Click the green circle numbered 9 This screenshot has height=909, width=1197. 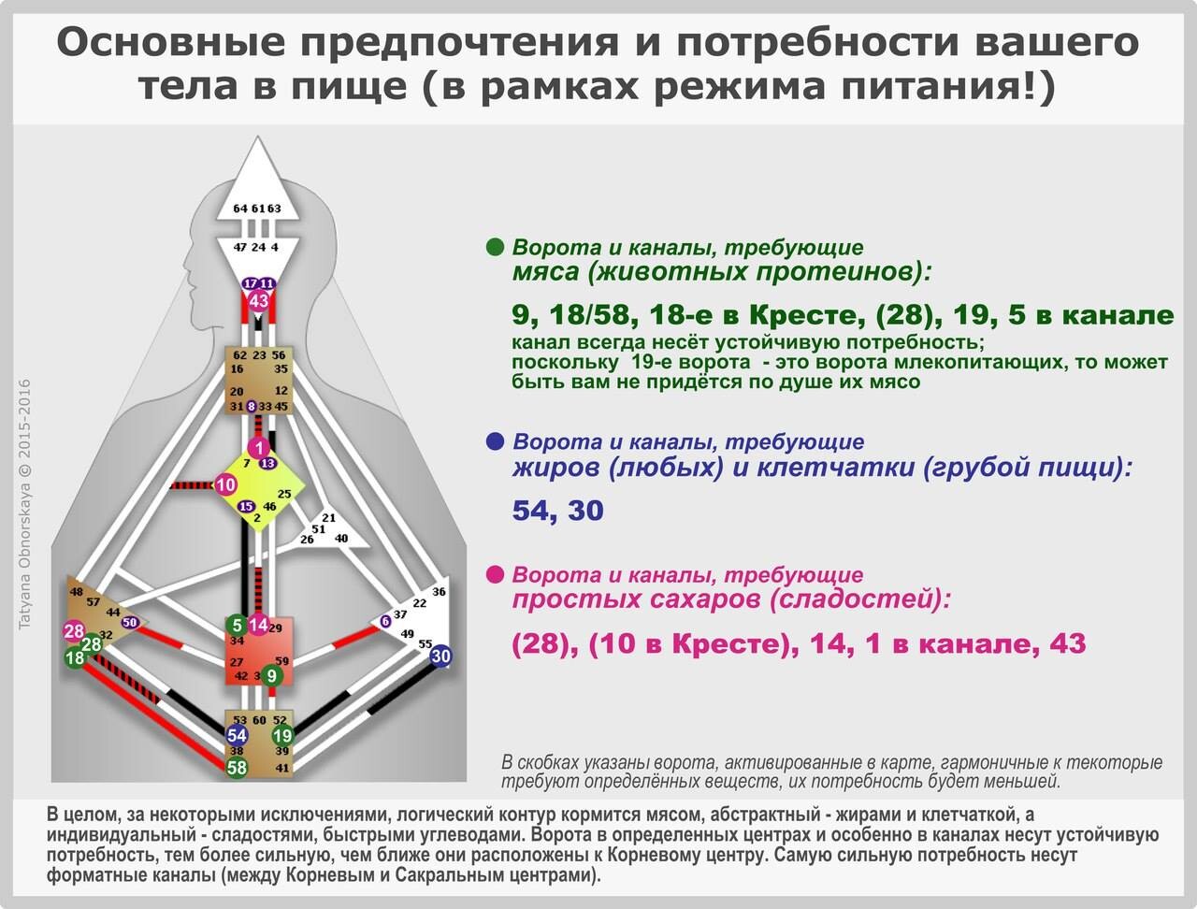(271, 676)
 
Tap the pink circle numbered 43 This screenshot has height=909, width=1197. (259, 300)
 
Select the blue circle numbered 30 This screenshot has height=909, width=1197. (440, 656)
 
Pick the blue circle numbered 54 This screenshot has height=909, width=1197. (237, 736)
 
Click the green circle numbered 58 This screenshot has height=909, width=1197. (237, 768)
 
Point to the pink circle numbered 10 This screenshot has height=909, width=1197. (225, 484)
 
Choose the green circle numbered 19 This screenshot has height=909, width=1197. (282, 736)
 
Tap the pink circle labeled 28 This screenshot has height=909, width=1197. (74, 631)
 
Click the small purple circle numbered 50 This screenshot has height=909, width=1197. (130, 622)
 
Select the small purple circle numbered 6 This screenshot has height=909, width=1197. (385, 621)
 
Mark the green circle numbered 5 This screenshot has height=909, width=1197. (237, 625)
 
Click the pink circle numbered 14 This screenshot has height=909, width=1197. (258, 625)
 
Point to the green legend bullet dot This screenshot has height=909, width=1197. (495, 247)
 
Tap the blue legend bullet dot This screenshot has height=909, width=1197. (495, 441)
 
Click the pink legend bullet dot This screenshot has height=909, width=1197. (495, 575)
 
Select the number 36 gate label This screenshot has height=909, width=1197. (439, 591)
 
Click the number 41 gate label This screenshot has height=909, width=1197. (281, 768)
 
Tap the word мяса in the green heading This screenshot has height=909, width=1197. (545, 272)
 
